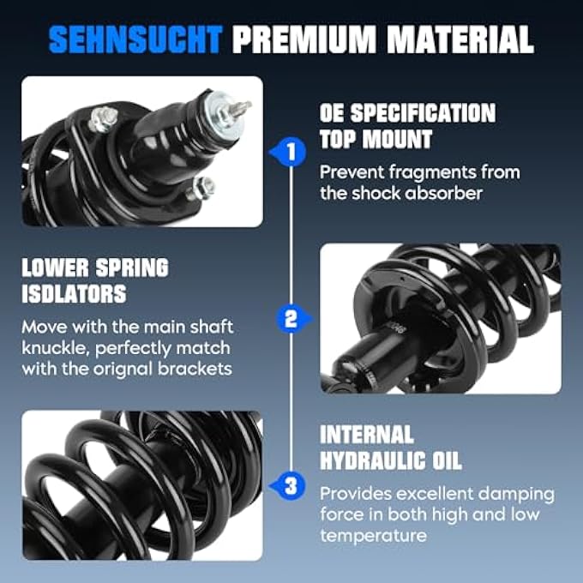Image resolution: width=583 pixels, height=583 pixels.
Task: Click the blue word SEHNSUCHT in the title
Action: pyautogui.click(x=135, y=39)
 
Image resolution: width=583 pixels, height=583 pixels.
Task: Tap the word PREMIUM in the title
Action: pyautogui.click(x=304, y=39)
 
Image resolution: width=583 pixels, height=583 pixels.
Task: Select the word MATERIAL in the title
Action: pyautogui.click(x=460, y=39)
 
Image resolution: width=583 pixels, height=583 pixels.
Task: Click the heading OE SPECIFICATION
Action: pyautogui.click(x=407, y=113)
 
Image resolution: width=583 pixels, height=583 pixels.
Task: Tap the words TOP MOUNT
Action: pyautogui.click(x=376, y=140)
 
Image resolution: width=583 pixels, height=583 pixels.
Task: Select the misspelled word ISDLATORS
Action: pyautogui.click(x=74, y=294)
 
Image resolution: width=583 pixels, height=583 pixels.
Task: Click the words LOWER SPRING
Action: pyautogui.click(x=95, y=267)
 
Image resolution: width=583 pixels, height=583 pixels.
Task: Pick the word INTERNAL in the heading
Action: pyautogui.click(x=367, y=435)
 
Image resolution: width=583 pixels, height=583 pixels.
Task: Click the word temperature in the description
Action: pyautogui.click(x=373, y=536)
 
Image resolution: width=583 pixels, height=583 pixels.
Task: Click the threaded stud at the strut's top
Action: pyautogui.click(x=240, y=108)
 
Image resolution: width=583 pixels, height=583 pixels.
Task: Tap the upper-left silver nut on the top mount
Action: pyautogui.click(x=103, y=119)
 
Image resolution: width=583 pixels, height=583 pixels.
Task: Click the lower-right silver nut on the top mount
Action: pyautogui.click(x=201, y=188)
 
